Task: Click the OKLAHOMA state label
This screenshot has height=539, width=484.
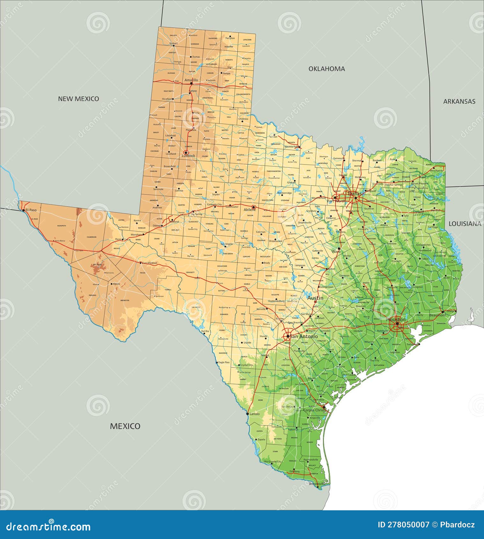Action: pyautogui.click(x=326, y=69)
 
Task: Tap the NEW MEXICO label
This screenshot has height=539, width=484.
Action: pyautogui.click(x=78, y=99)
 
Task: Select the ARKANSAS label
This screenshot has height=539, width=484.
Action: pyautogui.click(x=459, y=101)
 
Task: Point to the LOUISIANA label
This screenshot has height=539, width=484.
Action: pyautogui.click(x=465, y=224)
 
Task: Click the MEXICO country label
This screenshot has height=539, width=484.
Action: pyautogui.click(x=125, y=426)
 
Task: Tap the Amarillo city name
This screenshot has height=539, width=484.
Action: pyautogui.click(x=191, y=80)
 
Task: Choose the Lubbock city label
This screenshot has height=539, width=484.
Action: pyautogui.click(x=188, y=156)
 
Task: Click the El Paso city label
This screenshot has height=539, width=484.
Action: pyautogui.click(x=31, y=210)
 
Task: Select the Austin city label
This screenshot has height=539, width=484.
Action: pyautogui.click(x=315, y=298)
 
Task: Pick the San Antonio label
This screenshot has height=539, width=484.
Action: pyautogui.click(x=304, y=336)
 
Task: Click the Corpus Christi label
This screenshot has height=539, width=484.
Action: pyautogui.click(x=315, y=410)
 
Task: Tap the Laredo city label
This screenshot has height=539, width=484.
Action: pyautogui.click(x=254, y=414)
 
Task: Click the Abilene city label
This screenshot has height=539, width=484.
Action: pyautogui.click(x=250, y=210)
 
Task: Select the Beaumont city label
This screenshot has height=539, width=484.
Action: pyautogui.click(x=437, y=315)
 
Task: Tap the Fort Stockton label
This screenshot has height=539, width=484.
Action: pyautogui.click(x=150, y=263)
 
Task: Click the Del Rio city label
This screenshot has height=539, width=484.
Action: pyautogui.click(x=205, y=331)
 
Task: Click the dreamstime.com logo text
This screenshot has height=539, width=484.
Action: pyautogui.click(x=48, y=527)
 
